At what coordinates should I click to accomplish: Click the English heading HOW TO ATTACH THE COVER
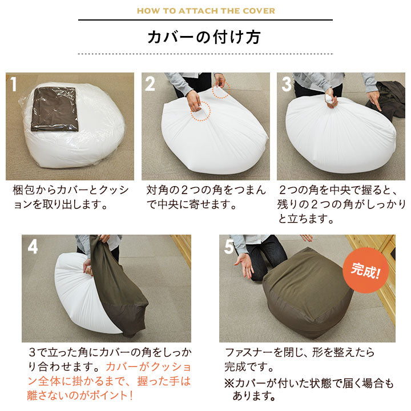(205, 11)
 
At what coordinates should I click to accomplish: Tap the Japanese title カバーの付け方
(204, 37)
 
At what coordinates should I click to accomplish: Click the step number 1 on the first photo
(13, 84)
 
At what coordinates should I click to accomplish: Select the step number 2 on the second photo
(150, 84)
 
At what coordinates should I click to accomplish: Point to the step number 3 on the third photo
(287, 84)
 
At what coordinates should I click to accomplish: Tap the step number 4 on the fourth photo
(33, 247)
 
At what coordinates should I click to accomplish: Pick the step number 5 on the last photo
(229, 247)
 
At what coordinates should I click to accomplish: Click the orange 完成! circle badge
(365, 270)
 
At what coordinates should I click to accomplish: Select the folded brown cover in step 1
(55, 109)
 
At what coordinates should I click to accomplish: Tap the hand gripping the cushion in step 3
(331, 98)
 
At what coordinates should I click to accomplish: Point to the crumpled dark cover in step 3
(386, 99)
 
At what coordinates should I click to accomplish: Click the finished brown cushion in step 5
(308, 293)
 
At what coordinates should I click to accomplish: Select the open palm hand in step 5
(244, 265)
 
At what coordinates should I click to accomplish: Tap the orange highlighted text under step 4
(109, 381)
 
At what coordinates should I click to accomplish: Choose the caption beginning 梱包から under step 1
(71, 197)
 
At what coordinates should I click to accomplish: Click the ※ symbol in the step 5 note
(229, 384)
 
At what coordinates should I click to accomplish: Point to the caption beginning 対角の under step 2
(206, 197)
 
